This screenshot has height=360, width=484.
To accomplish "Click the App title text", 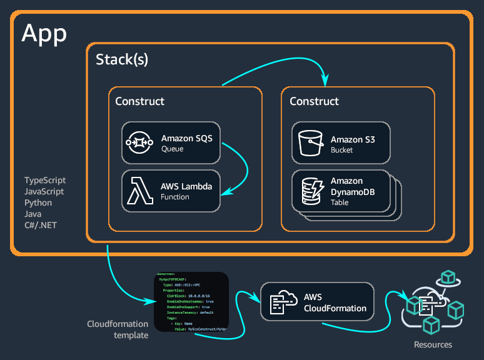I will [x=44, y=33].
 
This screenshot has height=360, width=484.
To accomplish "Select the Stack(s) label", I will [x=122, y=60].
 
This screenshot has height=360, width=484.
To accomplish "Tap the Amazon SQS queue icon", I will [x=141, y=143].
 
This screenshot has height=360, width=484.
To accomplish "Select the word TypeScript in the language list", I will [x=45, y=180].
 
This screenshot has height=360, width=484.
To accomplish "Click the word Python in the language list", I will [x=38, y=202].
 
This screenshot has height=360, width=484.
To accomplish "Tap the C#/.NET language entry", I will [x=41, y=225].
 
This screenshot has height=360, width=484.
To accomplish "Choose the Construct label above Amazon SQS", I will [x=139, y=101].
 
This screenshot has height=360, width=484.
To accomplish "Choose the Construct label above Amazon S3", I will [x=314, y=101].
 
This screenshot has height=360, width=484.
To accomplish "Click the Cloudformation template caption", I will [x=118, y=329].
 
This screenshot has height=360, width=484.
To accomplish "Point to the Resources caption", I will [x=433, y=344].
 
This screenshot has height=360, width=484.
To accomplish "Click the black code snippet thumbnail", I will [x=191, y=302].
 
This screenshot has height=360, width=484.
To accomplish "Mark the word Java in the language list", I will [x=33, y=214].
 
